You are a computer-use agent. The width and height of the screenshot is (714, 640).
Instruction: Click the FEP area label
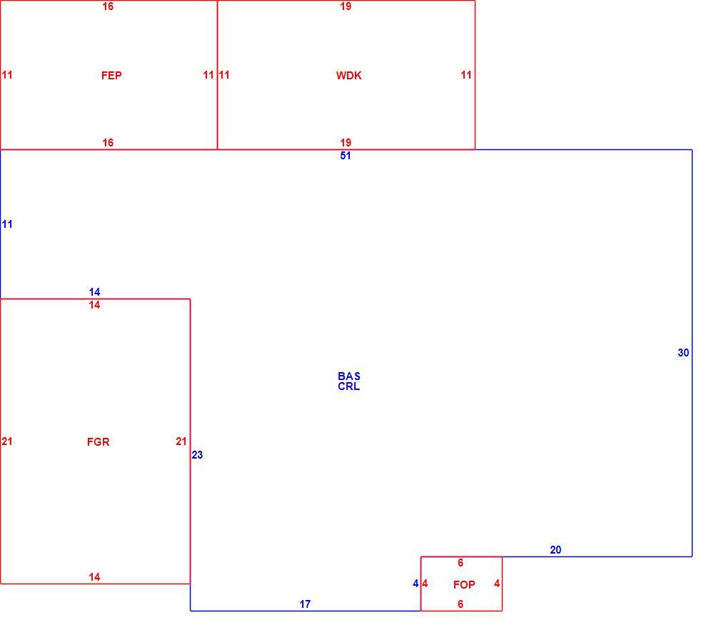(x=111, y=76)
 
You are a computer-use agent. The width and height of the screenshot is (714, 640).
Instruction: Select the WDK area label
(x=349, y=76)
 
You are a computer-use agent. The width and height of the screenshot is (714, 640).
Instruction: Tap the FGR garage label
(x=99, y=442)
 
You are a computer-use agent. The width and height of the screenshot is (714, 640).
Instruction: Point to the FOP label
(x=464, y=584)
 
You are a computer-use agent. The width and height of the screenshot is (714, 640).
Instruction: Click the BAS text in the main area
(x=349, y=376)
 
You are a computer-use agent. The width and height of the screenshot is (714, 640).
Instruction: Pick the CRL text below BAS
(x=349, y=386)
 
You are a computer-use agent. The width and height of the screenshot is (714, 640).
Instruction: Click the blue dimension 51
(x=346, y=156)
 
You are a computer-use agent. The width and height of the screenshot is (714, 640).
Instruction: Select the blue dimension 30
(x=683, y=353)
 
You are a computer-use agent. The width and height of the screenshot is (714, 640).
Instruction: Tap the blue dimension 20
(x=555, y=550)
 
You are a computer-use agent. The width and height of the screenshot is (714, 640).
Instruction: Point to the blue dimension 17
(x=305, y=604)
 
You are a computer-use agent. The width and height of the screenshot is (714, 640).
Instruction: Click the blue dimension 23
(x=197, y=454)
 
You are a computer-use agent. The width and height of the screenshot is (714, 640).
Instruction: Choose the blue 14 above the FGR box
(x=94, y=292)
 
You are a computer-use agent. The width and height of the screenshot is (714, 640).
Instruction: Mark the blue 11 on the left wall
(x=7, y=224)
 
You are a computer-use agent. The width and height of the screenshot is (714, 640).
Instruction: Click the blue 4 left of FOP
(x=416, y=584)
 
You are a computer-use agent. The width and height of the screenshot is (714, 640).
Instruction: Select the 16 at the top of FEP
(x=108, y=6)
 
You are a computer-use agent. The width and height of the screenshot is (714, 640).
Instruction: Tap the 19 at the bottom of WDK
(x=346, y=143)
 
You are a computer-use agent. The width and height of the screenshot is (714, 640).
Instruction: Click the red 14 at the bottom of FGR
(x=94, y=577)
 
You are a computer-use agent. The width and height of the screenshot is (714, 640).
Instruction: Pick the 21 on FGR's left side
(x=7, y=441)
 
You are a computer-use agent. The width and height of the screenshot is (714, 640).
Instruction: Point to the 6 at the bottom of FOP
(x=461, y=604)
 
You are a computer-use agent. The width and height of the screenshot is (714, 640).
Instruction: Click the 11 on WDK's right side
(x=466, y=75)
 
